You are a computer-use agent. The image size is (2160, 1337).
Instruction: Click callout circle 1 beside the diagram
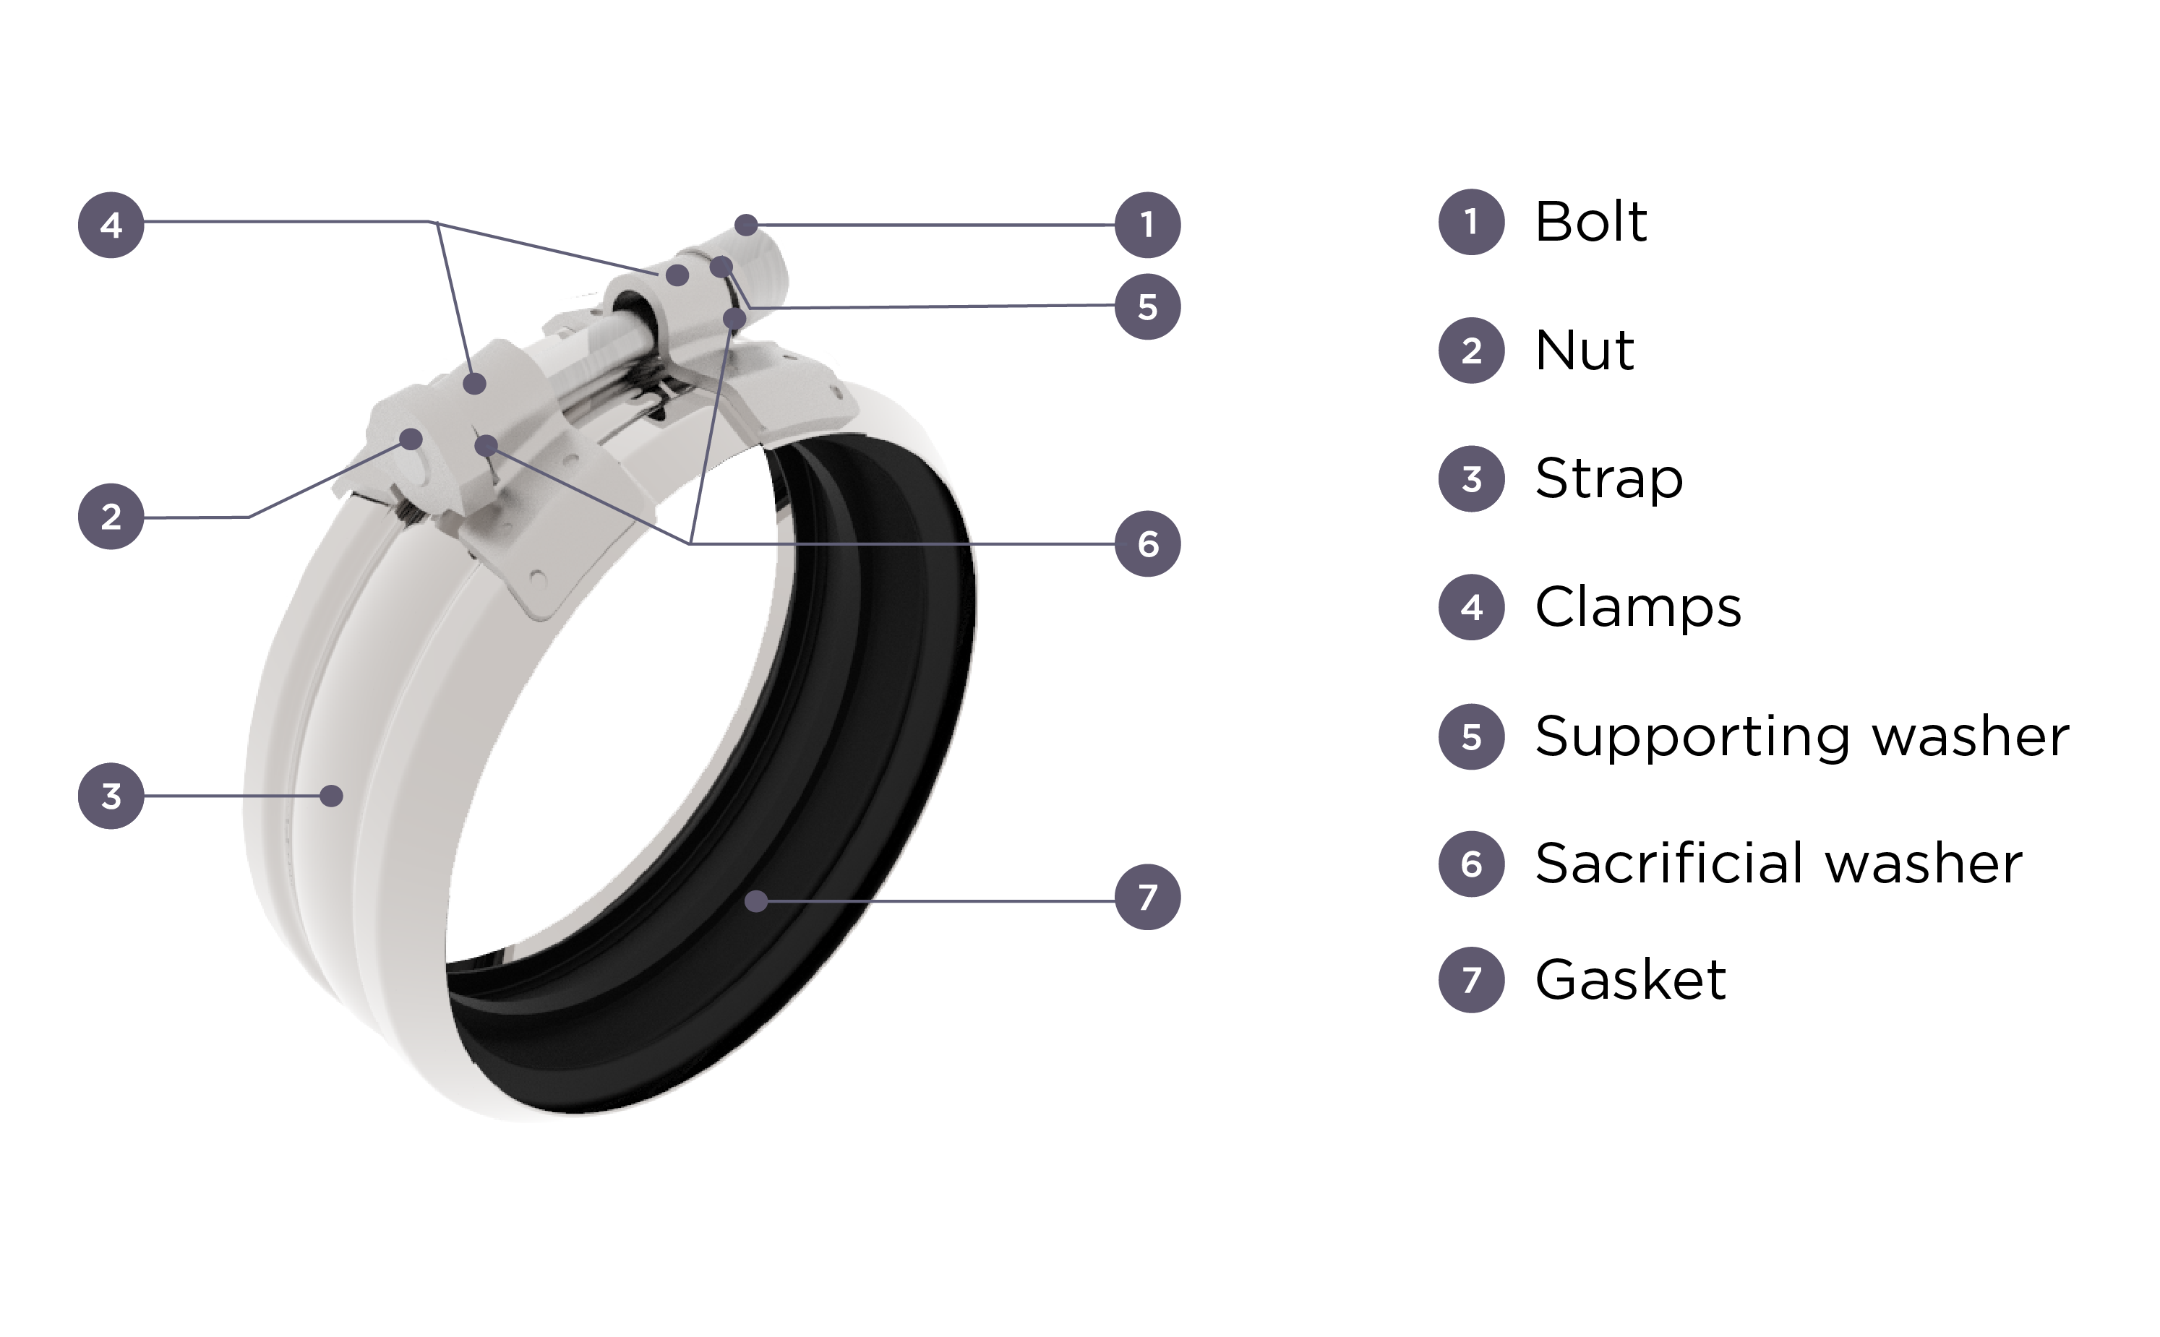(1147, 225)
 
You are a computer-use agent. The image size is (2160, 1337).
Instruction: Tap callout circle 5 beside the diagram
(1147, 307)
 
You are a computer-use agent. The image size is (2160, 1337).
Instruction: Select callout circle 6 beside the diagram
(1147, 543)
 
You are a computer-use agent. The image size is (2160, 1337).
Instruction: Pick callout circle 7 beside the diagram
(1147, 898)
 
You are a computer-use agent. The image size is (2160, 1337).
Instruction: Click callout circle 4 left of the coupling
(111, 225)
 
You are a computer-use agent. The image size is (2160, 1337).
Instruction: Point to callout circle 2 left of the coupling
(111, 517)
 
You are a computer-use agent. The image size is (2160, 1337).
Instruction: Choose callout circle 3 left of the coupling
(111, 796)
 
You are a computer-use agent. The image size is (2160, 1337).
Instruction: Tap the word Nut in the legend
(1584, 351)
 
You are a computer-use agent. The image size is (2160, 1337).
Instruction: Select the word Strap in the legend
(1608, 479)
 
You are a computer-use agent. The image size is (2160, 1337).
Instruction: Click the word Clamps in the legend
(1638, 608)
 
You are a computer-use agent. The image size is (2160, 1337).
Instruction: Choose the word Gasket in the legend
(1630, 980)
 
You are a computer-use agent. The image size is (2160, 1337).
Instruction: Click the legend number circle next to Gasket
(1471, 980)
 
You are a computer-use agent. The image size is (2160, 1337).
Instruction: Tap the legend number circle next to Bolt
(1471, 222)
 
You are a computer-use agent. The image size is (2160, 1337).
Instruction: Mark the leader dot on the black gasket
(756, 901)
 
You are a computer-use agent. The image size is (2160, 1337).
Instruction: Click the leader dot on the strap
(332, 796)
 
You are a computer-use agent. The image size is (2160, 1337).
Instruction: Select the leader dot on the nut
(411, 439)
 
